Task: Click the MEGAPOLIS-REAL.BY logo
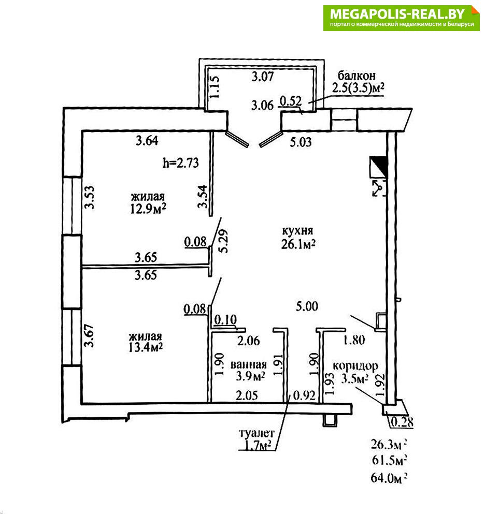pyautogui.click(x=402, y=18)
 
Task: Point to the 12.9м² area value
pyautogui.click(x=148, y=208)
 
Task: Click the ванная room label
pyautogui.click(x=249, y=363)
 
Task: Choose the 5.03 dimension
pyautogui.click(x=301, y=141)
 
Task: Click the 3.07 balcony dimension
pyautogui.click(x=262, y=78)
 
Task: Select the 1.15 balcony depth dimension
pyautogui.click(x=213, y=87)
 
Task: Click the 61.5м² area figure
pyautogui.click(x=388, y=459)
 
